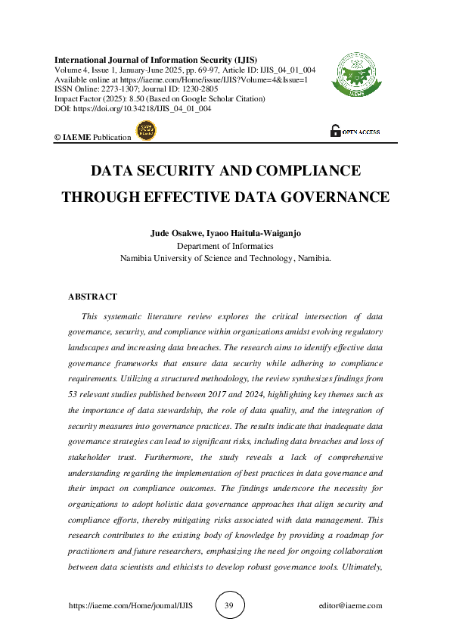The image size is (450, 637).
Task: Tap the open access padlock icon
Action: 335,131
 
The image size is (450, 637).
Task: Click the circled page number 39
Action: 229,605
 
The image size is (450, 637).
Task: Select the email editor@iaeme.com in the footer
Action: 351,606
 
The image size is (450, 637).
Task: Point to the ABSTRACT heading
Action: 92,297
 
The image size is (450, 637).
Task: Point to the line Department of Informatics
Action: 224,246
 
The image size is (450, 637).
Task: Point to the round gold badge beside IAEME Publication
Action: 144,132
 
